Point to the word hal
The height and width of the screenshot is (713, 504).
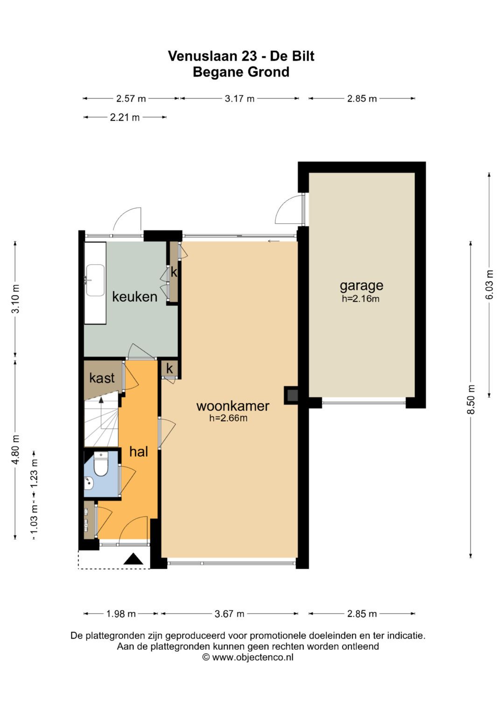point(139,452)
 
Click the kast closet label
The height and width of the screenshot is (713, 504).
point(102,378)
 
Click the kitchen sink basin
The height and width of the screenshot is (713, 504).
point(95,281)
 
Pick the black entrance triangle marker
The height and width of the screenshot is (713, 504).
point(133,559)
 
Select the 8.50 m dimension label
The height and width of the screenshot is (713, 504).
point(471,399)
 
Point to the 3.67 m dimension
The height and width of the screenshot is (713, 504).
point(230,614)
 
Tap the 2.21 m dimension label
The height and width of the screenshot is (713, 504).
point(125,118)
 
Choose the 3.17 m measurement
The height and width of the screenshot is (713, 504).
point(239,99)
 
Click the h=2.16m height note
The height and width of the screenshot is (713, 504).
point(360,298)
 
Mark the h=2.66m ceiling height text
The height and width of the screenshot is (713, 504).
point(228,418)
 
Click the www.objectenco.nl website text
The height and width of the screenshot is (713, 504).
point(252,657)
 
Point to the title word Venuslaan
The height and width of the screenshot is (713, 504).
point(203,56)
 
